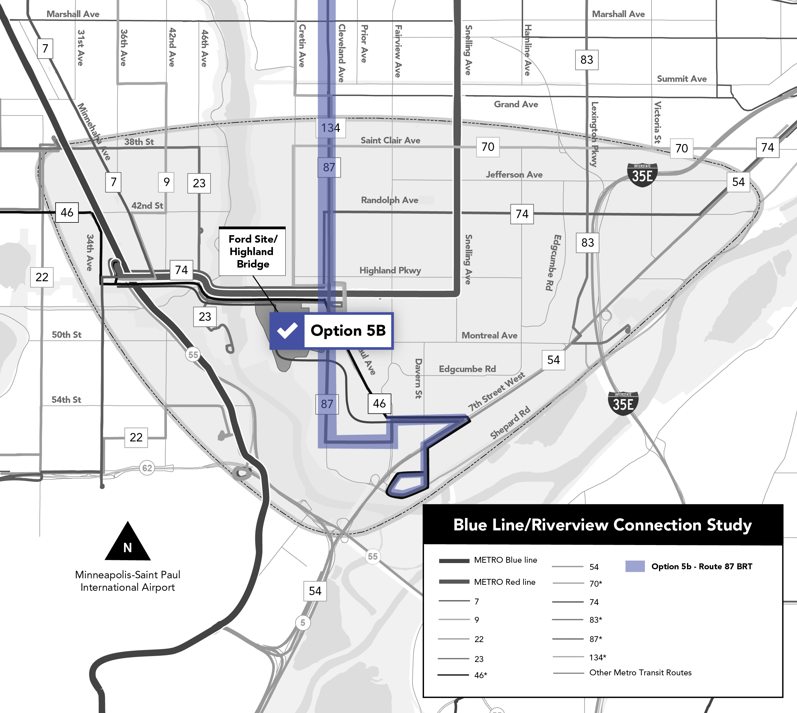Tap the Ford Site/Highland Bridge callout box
(x=252, y=251)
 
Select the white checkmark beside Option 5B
(x=287, y=331)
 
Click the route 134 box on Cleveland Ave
(x=331, y=128)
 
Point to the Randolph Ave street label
(x=389, y=200)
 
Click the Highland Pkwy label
(x=390, y=270)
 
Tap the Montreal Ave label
(x=489, y=335)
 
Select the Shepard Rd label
(x=510, y=422)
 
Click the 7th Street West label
(x=496, y=392)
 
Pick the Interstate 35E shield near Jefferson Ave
(x=642, y=175)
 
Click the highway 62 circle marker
(x=147, y=468)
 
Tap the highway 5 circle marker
(x=302, y=622)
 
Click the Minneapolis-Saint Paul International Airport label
(x=128, y=581)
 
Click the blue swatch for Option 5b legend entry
(x=635, y=566)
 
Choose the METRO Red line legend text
(x=504, y=582)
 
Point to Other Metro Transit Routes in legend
(x=640, y=673)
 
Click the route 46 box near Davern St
(x=379, y=403)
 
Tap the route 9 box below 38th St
(x=166, y=182)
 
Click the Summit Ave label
(x=681, y=79)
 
